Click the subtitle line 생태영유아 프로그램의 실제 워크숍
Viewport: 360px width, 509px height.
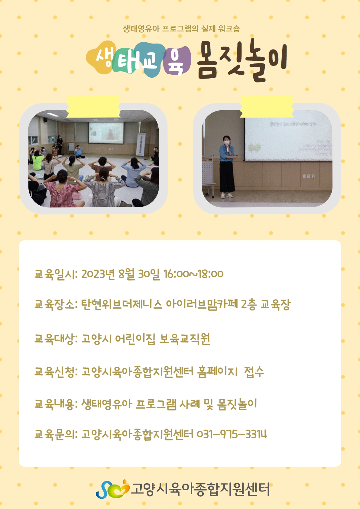click(x=181, y=29)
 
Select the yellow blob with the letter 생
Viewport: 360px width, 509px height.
click(x=101, y=57)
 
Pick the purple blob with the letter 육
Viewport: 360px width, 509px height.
click(x=177, y=61)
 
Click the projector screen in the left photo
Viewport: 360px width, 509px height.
click(x=106, y=133)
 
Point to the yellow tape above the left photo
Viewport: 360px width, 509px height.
click(x=93, y=107)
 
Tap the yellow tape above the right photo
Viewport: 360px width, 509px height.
click(x=267, y=107)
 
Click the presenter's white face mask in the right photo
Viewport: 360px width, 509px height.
click(x=227, y=143)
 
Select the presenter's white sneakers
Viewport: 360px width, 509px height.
click(x=227, y=195)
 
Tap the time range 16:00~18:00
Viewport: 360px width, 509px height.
click(x=193, y=274)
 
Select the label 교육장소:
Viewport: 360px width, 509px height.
click(x=56, y=304)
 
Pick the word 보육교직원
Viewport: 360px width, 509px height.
click(x=185, y=339)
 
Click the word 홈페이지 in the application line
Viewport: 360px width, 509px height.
click(x=218, y=372)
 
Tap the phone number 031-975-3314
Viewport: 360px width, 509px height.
click(x=232, y=434)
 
